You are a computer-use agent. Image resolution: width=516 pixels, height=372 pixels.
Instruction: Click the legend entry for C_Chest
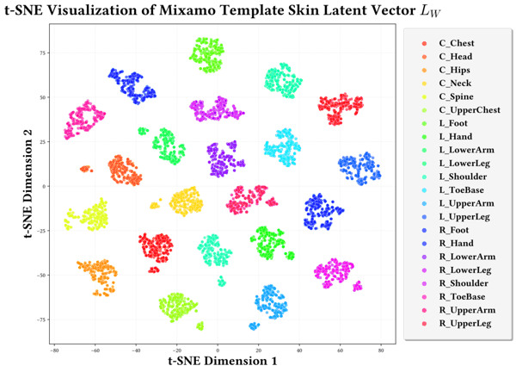[456, 43]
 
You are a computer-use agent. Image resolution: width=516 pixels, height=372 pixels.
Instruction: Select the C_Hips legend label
[454, 70]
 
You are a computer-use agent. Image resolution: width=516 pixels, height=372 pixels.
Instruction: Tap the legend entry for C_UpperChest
[463, 110]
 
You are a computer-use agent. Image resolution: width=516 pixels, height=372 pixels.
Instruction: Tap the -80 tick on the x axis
[53, 350]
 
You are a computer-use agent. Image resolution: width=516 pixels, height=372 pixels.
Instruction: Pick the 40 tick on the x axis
[299, 350]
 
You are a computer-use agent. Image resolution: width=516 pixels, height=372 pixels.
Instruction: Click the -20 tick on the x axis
[176, 350]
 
